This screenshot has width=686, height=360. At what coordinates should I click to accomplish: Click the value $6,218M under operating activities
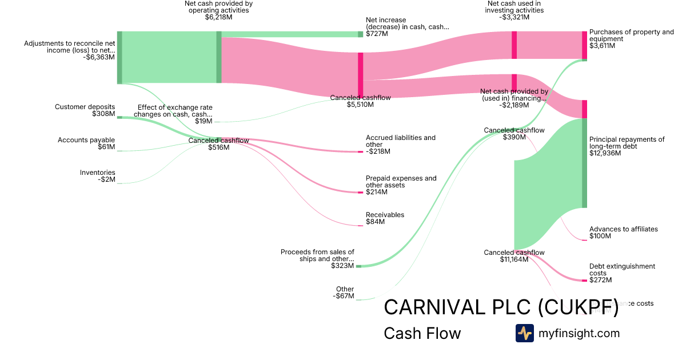218,17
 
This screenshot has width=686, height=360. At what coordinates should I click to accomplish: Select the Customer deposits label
85,107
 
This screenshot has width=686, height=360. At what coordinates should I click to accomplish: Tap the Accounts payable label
86,140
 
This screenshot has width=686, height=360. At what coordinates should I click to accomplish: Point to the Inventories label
97,173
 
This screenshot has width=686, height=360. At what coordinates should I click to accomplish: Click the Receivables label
385,215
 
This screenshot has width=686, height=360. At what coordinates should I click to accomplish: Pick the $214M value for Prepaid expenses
377,192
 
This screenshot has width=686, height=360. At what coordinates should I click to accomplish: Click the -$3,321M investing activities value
514,17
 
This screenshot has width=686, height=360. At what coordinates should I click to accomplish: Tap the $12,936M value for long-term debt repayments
605,153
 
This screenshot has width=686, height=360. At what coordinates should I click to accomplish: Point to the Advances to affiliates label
623,229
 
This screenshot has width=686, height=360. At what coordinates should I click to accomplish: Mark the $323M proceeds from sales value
342,266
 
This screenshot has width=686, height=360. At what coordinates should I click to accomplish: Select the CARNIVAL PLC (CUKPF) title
501,307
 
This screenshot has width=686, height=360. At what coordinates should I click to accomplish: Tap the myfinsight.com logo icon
524,333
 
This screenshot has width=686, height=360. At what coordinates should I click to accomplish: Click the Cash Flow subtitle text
422,333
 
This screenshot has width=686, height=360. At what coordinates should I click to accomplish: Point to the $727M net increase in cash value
377,34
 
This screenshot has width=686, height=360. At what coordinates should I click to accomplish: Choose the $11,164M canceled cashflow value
513,259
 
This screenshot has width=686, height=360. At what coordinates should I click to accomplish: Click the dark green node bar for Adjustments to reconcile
119,58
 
